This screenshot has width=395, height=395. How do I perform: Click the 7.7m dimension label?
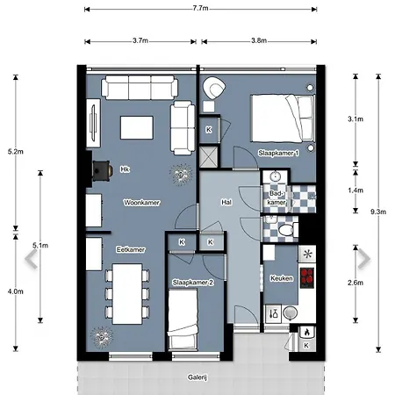tap(200, 8)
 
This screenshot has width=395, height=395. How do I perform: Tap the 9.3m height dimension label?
tap(378, 212)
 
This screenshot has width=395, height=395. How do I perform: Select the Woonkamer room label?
tap(141, 203)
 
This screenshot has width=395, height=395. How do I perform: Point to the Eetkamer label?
tap(131, 249)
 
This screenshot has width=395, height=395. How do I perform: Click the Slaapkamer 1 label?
tap(278, 153)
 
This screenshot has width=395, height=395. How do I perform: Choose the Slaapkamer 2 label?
tap(193, 283)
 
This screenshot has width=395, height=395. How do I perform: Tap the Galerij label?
tap(197, 377)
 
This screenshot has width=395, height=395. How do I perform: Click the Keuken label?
tap(282, 278)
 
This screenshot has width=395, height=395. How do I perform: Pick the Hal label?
tap(226, 202)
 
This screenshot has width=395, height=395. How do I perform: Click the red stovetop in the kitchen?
tap(307, 277)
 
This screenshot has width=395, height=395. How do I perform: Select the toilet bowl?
tap(286, 229)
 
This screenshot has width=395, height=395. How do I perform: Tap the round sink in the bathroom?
tap(275, 176)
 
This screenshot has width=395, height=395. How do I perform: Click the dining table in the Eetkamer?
tap(127, 294)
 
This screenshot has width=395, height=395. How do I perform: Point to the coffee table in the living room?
tap(137, 127)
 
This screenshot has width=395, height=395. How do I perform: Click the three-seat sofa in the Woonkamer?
tap(140, 87)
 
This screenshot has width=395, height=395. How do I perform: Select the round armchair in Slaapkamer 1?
tap(214, 88)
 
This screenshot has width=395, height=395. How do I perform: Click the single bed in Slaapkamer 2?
tap(183, 320)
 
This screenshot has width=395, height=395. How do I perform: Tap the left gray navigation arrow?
tap(31, 259)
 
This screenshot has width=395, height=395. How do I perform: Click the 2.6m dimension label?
tap(355, 283)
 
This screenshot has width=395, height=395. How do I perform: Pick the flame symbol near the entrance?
tap(307, 332)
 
